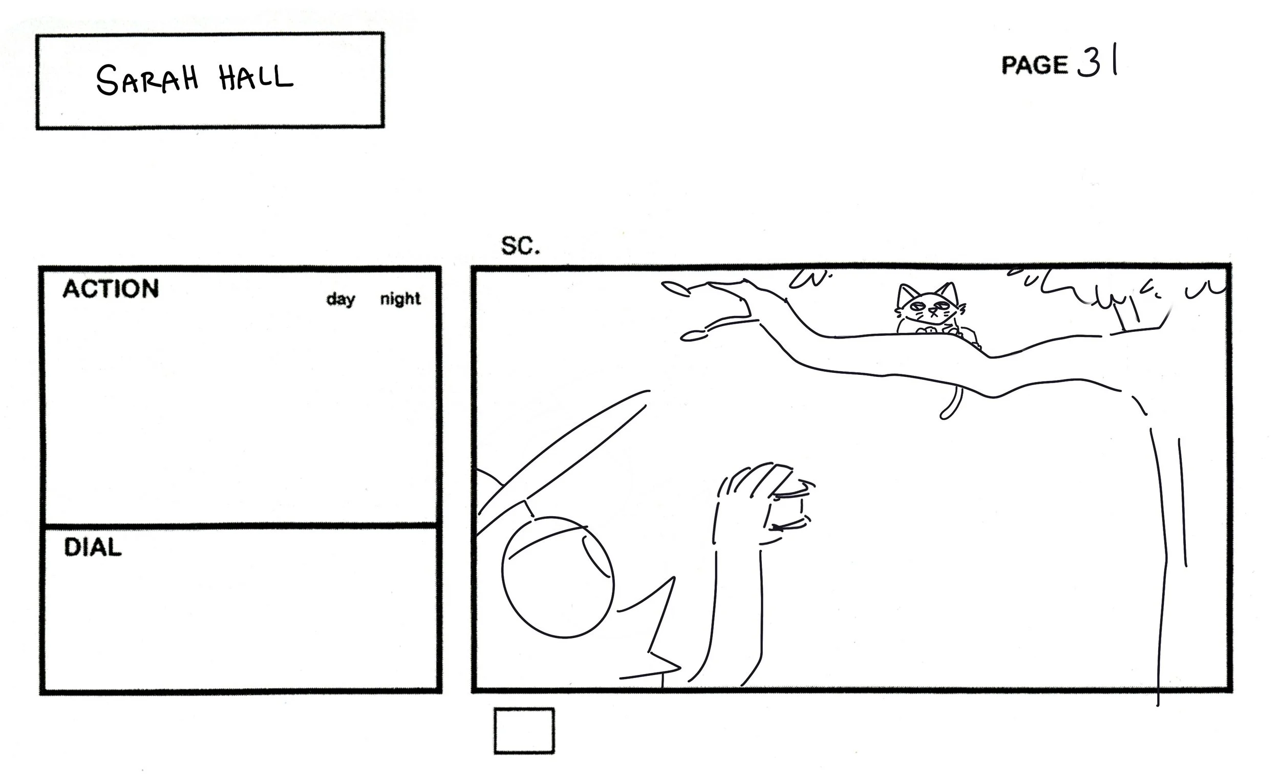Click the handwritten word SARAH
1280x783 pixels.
coord(147,80)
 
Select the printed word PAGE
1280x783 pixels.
coord(1034,66)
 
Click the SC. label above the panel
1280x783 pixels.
coord(520,246)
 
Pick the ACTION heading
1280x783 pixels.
coord(111,289)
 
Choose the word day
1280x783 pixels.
coord(341,299)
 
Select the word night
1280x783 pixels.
coord(400,299)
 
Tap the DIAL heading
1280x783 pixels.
coord(93,547)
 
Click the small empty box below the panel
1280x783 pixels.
coord(524,731)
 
